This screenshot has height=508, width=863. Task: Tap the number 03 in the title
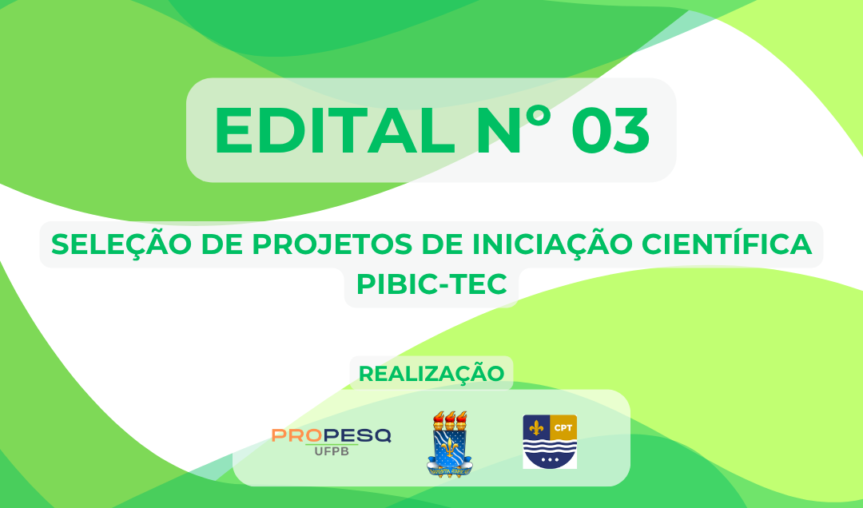(610, 130)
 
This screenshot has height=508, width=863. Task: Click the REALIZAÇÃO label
(431, 374)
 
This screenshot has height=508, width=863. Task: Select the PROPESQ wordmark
(331, 435)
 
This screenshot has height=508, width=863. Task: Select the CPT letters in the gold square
(564, 426)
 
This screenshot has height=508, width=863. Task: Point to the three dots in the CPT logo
(550, 461)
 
